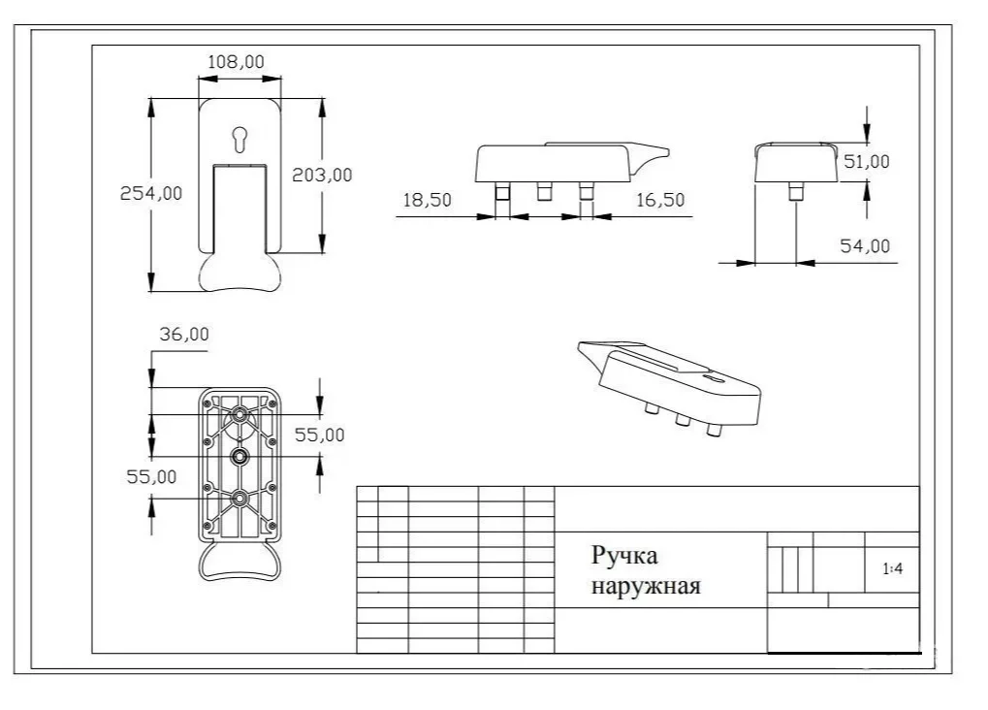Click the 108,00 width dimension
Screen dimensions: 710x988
coord(237,61)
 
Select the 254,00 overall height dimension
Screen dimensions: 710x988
coord(150,193)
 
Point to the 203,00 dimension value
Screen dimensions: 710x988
coord(322,175)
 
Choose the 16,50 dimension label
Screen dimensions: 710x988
coord(660,200)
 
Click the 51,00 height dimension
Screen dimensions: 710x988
coord(866,162)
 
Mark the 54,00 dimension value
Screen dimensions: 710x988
coord(864,246)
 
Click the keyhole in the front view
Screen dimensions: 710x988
coord(239,140)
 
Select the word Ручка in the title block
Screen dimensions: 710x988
coord(624,556)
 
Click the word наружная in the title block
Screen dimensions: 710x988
coord(645,586)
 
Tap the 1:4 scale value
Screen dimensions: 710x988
coord(893,570)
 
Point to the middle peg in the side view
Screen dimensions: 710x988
coord(544,192)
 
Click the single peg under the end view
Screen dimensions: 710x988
coord(794,190)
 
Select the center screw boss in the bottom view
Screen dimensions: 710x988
coord(239,456)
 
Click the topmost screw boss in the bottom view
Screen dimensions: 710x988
coord(239,414)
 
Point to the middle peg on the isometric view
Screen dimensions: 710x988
coord(682,419)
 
